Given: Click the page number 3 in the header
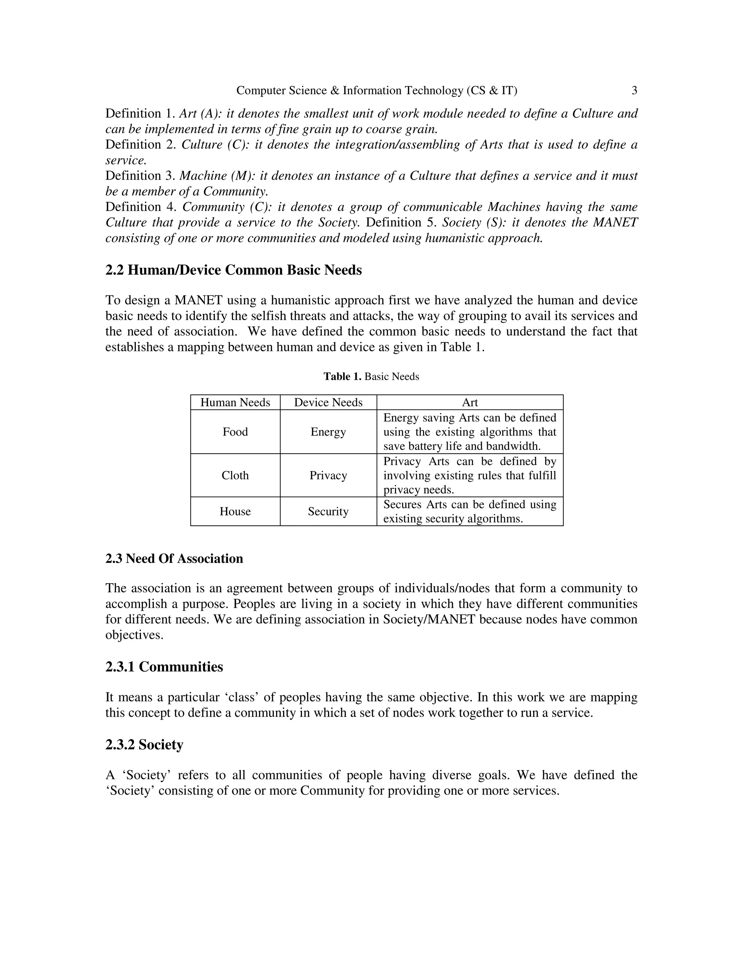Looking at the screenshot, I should [634, 91].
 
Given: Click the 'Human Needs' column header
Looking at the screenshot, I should [235, 403].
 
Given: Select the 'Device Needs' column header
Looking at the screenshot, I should [328, 403].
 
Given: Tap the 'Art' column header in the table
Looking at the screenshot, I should [469, 403].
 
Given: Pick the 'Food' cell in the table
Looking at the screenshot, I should [235, 432].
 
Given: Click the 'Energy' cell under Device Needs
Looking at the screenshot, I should [328, 432].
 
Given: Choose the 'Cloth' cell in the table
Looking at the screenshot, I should [235, 475].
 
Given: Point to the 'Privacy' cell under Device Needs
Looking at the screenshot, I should [328, 475].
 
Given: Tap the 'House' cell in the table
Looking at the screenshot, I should [235, 512].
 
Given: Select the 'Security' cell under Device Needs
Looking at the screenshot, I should [328, 512].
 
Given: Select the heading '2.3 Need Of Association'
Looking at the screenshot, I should [174, 559].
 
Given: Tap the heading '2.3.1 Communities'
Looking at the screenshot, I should [164, 667].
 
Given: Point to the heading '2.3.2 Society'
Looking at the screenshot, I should [144, 745].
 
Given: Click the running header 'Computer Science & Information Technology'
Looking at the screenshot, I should [350, 91].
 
